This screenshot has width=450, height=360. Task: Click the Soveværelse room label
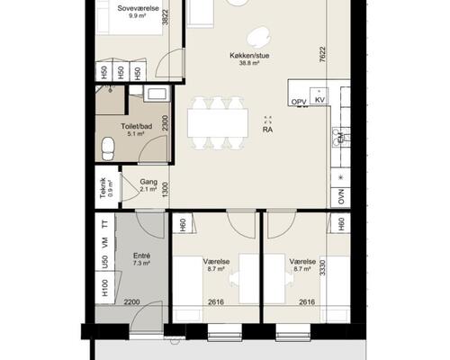[x=138, y=8]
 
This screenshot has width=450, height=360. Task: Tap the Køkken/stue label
[x=249, y=56]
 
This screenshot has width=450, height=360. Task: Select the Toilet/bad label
[x=137, y=126]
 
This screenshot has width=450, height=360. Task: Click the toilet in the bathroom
[x=108, y=148]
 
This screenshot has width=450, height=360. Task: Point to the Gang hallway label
[x=148, y=182]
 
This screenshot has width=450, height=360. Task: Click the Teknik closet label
[x=103, y=188]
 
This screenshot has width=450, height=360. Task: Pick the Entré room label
[x=141, y=256]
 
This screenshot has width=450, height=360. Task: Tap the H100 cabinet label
[x=104, y=287]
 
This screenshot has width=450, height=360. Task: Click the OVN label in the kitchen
[x=341, y=196]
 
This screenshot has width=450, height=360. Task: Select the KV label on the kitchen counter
[x=320, y=100]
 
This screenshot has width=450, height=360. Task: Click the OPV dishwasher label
[x=299, y=103]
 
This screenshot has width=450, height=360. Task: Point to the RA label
[x=267, y=130]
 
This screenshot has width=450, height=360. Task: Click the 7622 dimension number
[x=322, y=54]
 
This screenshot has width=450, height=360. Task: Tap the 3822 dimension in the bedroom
[x=166, y=18]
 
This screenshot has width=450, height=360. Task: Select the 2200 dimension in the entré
[x=132, y=302]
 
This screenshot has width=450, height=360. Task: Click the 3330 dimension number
[x=322, y=268]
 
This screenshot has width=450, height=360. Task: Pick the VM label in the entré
[x=104, y=242]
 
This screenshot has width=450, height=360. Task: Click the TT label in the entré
[x=104, y=224]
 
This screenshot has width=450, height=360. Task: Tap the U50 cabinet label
[x=104, y=262]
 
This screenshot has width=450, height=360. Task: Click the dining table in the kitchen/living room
[x=218, y=122]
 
